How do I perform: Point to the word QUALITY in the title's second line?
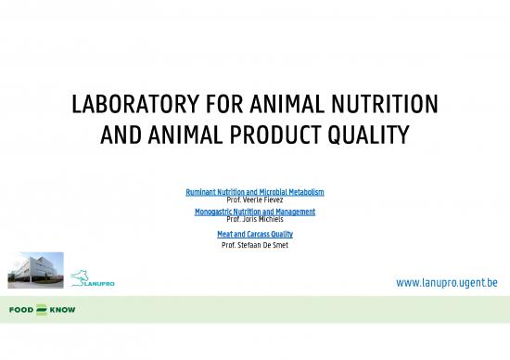[x=375, y=135]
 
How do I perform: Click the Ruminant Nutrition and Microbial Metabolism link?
[x=255, y=192]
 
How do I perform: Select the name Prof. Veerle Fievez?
[x=255, y=199]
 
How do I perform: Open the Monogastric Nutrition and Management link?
[x=255, y=212]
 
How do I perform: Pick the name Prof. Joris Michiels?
[x=255, y=219]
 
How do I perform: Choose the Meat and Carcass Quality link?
[x=255, y=234]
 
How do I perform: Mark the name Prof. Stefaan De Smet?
[x=255, y=245]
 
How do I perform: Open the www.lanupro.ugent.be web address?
[x=448, y=281]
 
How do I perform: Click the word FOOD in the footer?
[x=21, y=309]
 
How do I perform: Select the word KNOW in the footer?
[x=63, y=309]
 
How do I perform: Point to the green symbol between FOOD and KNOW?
[x=42, y=309]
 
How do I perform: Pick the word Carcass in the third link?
[x=254, y=234]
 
